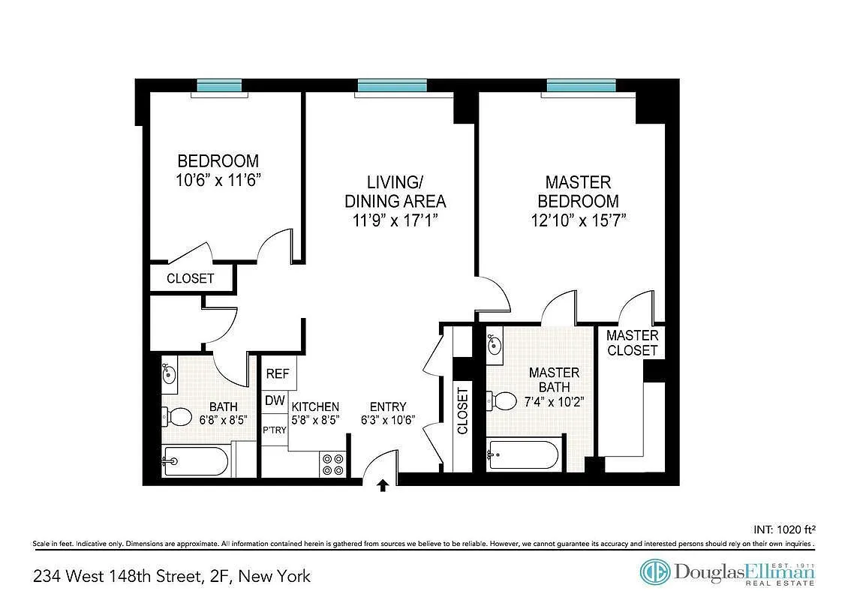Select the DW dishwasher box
[x=275, y=401]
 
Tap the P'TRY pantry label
[x=273, y=430]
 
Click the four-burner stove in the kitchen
[x=332, y=463]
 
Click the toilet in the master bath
[x=504, y=401]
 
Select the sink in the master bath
[x=495, y=346]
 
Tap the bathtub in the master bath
[x=522, y=454]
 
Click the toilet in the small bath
[x=179, y=415]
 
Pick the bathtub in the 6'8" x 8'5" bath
[x=196, y=461]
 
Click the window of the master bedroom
[x=581, y=85]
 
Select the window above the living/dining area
[x=392, y=85]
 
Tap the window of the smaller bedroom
[x=218, y=85]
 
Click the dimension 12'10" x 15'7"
[x=578, y=220]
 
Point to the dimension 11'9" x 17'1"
[x=395, y=220]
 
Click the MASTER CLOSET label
[x=632, y=343]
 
